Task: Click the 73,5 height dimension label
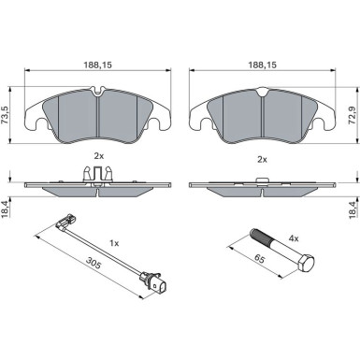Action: point(6,115)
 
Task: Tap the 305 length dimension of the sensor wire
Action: point(94,264)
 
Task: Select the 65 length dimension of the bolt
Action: point(259,258)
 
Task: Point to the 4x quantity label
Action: point(294,238)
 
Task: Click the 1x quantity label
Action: point(114,243)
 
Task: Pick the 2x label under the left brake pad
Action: point(99,156)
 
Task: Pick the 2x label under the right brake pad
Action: point(262,160)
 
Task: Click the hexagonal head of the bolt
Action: point(306,263)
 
